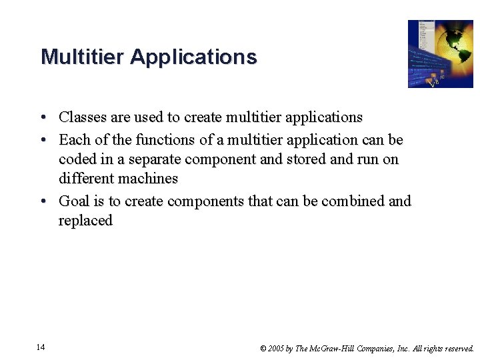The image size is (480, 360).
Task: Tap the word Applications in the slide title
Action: (193, 57)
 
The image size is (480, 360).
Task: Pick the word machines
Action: (145, 179)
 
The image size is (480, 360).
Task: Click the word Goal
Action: (74, 201)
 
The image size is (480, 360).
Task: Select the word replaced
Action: (85, 221)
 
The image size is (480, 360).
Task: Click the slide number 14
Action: (41, 347)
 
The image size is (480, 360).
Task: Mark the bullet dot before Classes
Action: (43, 118)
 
